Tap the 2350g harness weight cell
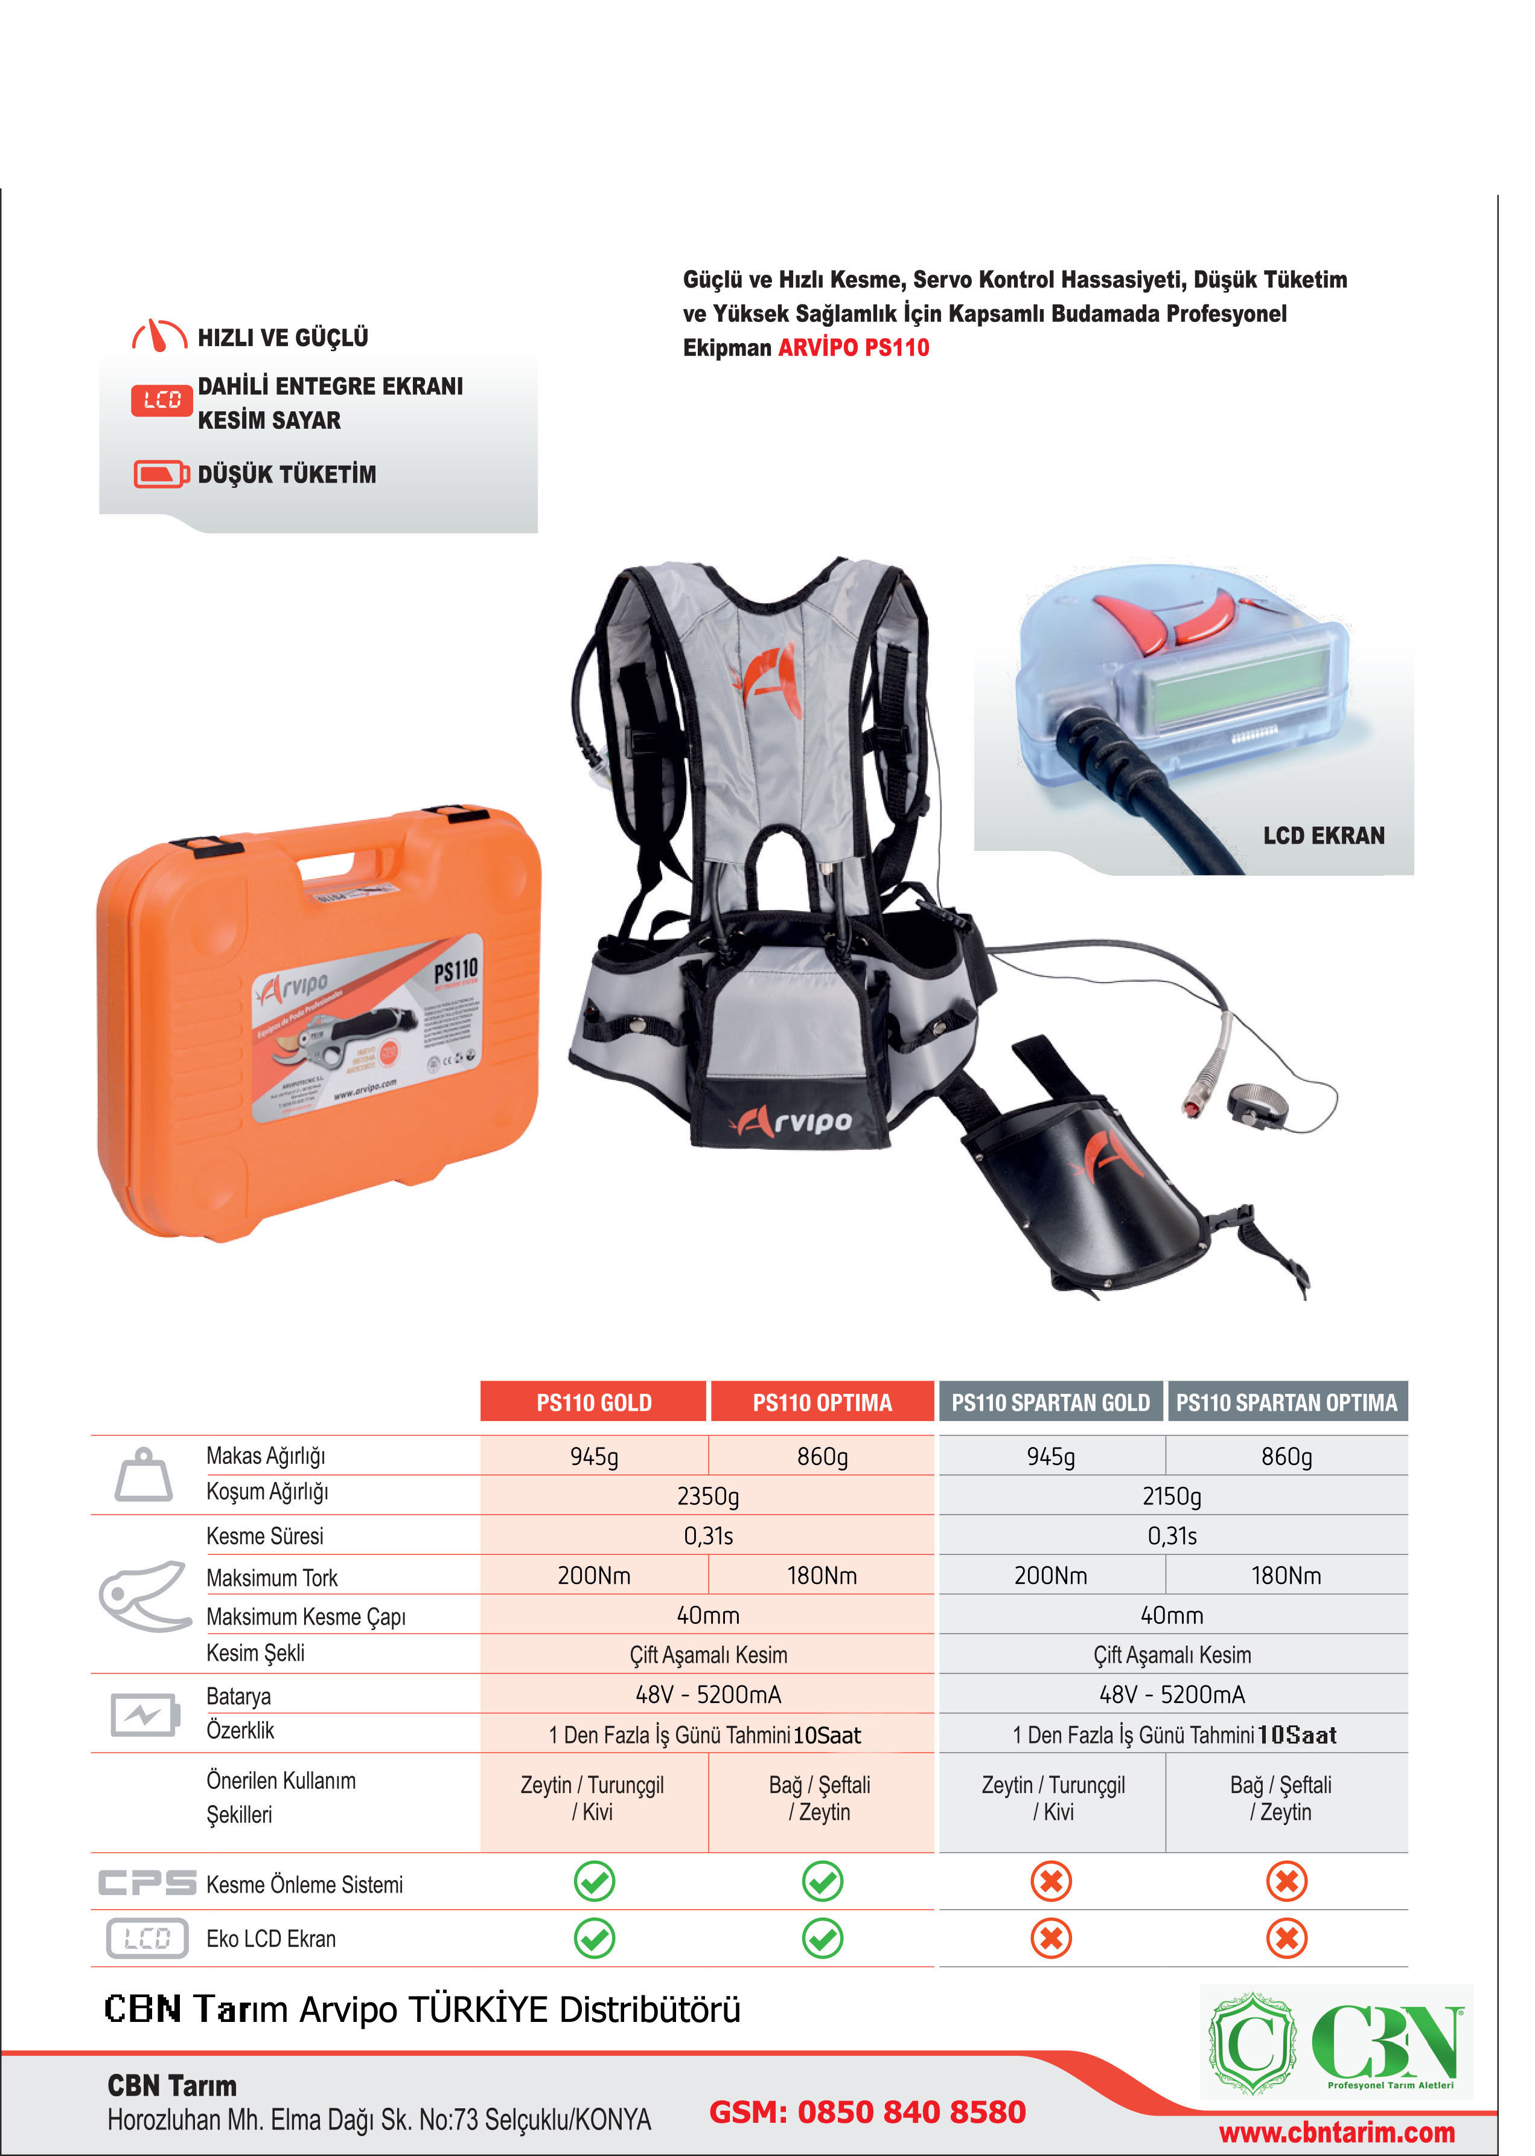point(707,1496)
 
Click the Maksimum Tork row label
point(272,1577)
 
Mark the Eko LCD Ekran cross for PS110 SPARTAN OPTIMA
point(1286,1939)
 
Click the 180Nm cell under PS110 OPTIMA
point(822,1576)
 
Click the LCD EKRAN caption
point(1323,836)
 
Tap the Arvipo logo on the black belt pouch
point(791,1121)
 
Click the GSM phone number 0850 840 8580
point(867,2111)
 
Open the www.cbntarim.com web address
point(1336,2132)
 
